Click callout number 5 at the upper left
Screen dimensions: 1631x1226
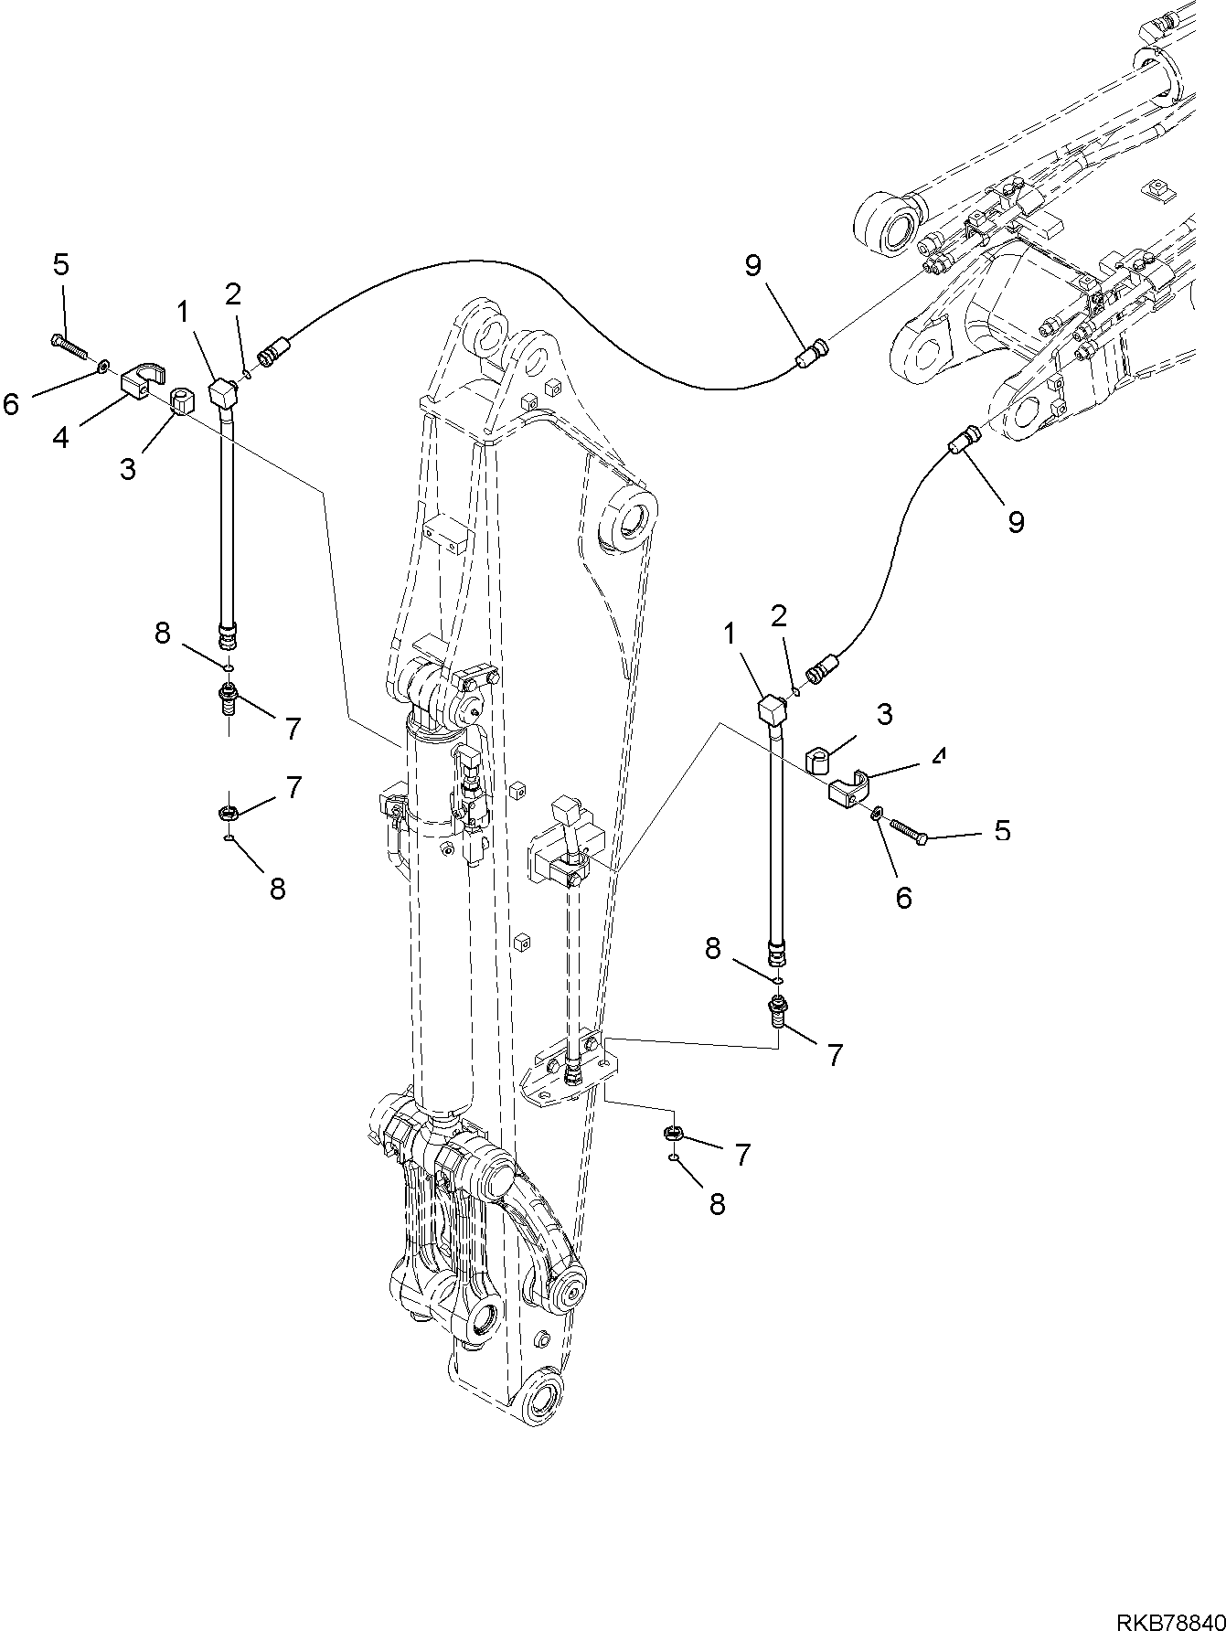pos(60,265)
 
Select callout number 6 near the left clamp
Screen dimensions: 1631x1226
pos(12,403)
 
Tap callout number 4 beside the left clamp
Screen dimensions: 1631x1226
pos(60,437)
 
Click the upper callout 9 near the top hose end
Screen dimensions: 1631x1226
pos(752,266)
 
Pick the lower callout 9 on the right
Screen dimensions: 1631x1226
pos(1016,521)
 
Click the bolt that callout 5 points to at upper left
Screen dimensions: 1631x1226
pos(69,346)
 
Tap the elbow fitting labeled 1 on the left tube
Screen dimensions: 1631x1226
pos(223,393)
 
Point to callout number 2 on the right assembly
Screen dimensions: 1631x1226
pos(779,616)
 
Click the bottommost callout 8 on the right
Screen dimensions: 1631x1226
pos(717,1205)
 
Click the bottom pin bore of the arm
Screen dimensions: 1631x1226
pos(545,1404)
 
